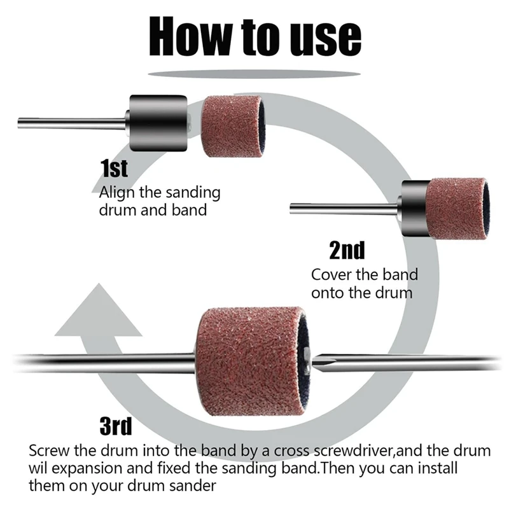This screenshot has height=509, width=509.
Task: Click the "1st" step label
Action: point(115,168)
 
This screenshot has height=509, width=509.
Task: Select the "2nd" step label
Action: point(347,250)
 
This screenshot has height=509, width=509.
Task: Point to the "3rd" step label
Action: point(116,426)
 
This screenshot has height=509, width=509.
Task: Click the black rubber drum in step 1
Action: point(158,123)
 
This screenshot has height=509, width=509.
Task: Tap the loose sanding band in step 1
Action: point(234,126)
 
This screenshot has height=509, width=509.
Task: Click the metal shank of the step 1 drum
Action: point(72,123)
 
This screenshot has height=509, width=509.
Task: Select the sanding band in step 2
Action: point(456,209)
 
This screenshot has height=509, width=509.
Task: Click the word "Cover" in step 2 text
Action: point(331,275)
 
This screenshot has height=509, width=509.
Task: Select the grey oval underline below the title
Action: point(254,74)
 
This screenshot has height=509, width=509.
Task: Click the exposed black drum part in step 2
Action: point(414,208)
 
